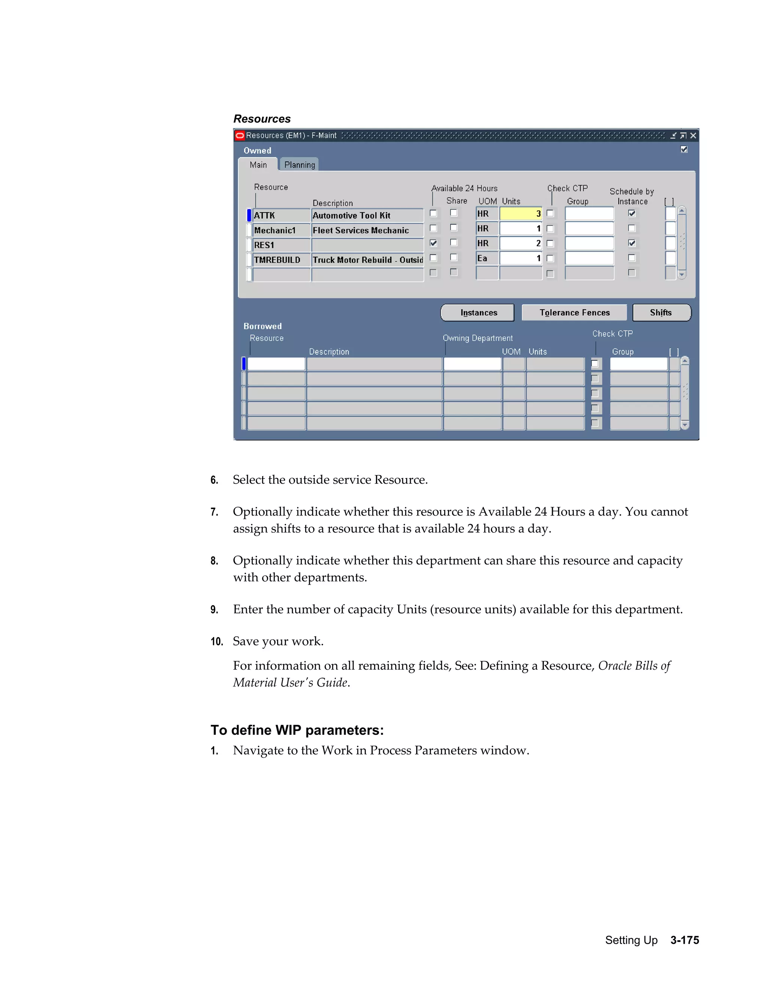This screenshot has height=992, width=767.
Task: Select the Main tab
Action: tap(258, 165)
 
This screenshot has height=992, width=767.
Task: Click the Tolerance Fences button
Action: tap(575, 313)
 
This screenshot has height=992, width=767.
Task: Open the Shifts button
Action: tap(661, 313)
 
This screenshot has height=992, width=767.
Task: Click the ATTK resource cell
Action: tap(281, 215)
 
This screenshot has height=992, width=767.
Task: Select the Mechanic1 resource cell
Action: tap(281, 230)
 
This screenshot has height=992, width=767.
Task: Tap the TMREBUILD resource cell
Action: tap(281, 260)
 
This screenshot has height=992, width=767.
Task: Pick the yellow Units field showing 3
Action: tap(520, 213)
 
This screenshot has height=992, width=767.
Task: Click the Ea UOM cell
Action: tap(486, 258)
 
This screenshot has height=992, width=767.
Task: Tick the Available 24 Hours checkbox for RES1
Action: tap(433, 243)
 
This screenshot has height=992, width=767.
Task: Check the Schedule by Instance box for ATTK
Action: tap(631, 213)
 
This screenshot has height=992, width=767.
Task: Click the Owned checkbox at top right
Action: tap(684, 149)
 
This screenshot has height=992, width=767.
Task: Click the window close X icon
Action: tap(693, 136)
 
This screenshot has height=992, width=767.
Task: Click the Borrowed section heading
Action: tap(262, 326)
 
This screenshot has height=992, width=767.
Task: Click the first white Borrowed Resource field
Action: tap(276, 364)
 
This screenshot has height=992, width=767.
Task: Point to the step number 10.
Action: tap(216, 641)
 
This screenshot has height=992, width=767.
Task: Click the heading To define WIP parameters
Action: tap(297, 730)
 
